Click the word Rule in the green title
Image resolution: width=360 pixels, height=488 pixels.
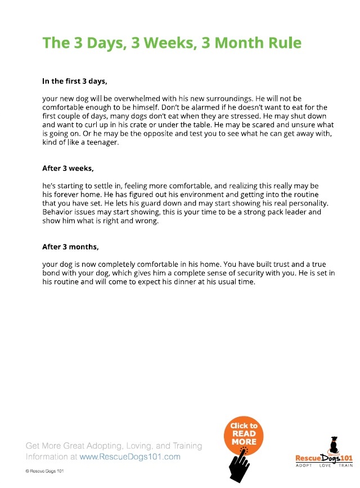click(x=281, y=43)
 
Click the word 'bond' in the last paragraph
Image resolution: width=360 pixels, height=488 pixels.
click(x=52, y=273)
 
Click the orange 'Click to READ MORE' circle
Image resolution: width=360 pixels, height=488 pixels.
click(x=244, y=434)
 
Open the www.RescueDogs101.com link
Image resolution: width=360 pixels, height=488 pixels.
click(x=130, y=457)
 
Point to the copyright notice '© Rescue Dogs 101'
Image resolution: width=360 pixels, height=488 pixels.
click(x=45, y=471)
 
